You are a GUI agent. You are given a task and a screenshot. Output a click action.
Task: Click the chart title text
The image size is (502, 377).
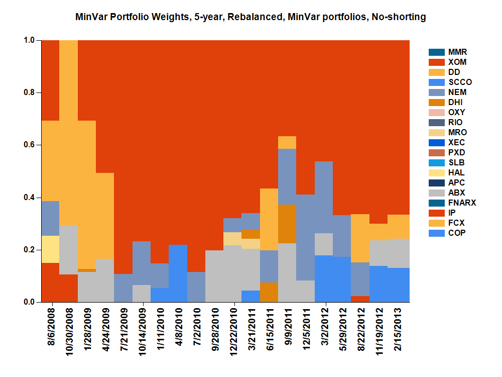point(250,17)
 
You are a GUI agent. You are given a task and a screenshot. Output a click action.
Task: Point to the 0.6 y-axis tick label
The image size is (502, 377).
point(30,145)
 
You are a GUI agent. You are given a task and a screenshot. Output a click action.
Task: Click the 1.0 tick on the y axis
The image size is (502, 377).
point(30,40)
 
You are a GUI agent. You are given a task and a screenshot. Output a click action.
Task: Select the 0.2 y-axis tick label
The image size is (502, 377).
point(30,250)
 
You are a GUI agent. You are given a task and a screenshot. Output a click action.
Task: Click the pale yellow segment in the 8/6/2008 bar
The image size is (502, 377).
point(50,249)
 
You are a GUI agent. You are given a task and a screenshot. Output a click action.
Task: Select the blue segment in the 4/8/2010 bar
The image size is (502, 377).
point(178,273)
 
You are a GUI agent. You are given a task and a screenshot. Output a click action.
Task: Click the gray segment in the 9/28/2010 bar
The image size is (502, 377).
point(215,276)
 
